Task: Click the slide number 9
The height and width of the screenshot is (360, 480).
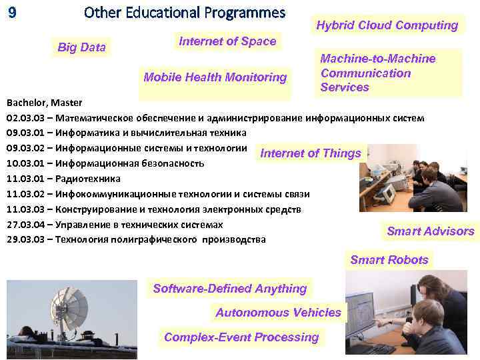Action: pos(11,12)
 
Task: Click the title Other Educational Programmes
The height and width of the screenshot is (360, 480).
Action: pos(185,13)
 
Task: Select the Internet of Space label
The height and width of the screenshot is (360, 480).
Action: pos(227,41)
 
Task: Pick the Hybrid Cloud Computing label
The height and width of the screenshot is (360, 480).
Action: pos(387,25)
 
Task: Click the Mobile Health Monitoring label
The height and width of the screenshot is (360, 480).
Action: pos(215,77)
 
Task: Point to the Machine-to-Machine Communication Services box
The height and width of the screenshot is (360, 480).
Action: pos(378,73)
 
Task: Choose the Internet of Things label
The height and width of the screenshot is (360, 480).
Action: pos(311,153)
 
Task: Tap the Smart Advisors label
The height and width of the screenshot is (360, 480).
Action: pos(430,231)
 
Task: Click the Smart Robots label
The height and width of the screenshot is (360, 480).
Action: pos(389,260)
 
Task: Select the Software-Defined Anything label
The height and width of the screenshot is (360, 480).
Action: pos(230,289)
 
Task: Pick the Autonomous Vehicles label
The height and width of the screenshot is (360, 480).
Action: pos(278,313)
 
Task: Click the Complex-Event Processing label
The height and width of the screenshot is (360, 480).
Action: pos(241,337)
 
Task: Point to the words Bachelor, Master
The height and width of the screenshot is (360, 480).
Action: pos(44,103)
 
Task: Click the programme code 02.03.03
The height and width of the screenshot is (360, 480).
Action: pos(26,118)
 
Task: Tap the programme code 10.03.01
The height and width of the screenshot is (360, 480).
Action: pos(26,163)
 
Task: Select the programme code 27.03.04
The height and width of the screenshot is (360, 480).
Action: pos(26,224)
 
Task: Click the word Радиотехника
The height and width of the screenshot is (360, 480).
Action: pos(88,179)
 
